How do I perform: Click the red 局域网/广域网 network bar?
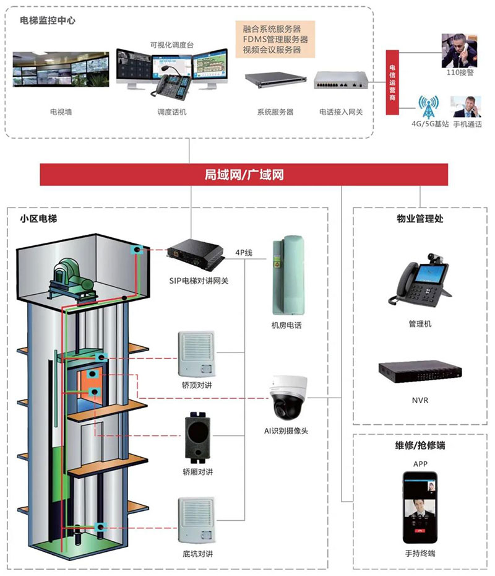[x=244, y=175]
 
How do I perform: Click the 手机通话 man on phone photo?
[x=467, y=107]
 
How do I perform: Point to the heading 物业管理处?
[x=420, y=219]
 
